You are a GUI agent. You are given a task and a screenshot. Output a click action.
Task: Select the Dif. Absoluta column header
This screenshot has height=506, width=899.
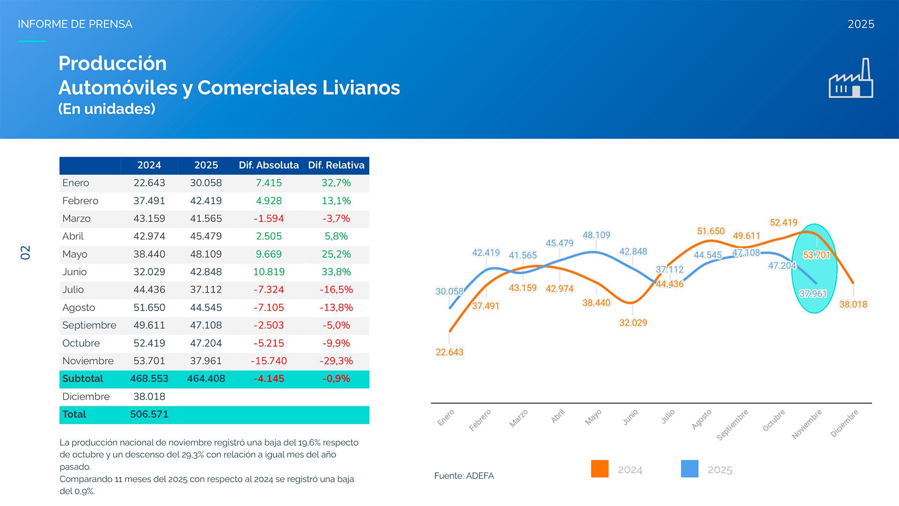(269, 165)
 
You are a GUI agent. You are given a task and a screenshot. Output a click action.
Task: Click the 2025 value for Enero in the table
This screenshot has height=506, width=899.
(206, 183)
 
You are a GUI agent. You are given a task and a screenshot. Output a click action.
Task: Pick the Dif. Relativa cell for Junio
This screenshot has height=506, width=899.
(336, 272)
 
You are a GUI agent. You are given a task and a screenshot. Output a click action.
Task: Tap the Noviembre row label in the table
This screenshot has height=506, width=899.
(88, 361)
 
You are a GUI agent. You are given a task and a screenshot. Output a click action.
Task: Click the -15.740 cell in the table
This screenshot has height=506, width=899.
(269, 361)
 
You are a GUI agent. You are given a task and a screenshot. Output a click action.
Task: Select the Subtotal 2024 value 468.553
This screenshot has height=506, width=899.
(149, 379)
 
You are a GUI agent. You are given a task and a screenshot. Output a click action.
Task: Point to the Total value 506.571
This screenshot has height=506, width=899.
(149, 415)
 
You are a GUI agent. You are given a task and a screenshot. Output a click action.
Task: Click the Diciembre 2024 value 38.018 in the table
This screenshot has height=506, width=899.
(149, 397)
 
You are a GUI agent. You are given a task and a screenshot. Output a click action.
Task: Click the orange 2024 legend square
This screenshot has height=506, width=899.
(600, 469)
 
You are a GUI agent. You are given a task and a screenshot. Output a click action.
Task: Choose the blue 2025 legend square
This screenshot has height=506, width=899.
(690, 469)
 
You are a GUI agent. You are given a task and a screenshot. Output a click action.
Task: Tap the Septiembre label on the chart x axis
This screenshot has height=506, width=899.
(733, 424)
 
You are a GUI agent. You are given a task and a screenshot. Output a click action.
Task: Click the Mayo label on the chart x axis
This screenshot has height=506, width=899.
(593, 417)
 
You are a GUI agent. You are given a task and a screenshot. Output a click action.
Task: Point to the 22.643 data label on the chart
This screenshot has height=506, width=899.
(449, 352)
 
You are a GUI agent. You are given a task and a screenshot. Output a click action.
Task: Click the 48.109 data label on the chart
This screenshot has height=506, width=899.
(596, 235)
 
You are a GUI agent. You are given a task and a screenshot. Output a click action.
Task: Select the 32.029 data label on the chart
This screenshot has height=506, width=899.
(633, 323)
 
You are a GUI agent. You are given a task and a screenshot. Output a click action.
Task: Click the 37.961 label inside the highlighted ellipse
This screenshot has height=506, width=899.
(813, 294)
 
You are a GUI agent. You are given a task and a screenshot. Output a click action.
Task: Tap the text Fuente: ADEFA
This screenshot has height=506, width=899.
(464, 476)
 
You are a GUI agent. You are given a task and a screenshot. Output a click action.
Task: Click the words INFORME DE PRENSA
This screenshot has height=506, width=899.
(75, 24)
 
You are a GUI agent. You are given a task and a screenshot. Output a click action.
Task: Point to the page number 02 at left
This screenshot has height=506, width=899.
(25, 253)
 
